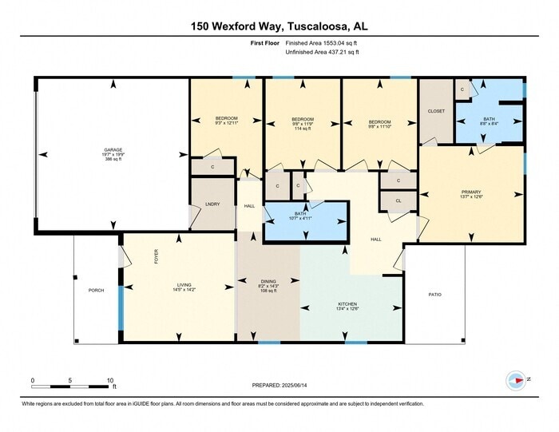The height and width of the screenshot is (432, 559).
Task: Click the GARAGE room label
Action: [113, 149]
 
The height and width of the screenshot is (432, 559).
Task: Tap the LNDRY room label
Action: [212, 204]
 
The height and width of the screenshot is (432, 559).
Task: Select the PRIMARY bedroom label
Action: [471, 192]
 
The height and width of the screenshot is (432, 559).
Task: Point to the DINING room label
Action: [268, 280]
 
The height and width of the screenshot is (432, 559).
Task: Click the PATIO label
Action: [434, 295]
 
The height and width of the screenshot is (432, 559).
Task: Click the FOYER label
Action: [157, 256]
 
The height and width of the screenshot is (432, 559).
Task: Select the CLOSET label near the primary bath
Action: [436, 111]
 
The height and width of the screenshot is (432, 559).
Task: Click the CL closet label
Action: [398, 200]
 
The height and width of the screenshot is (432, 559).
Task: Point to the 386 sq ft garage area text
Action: [113, 161]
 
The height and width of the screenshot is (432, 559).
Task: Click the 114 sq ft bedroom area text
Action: [303, 129]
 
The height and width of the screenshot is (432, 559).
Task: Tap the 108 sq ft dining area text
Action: [268, 291]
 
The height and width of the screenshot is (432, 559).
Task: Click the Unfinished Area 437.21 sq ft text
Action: [323, 53]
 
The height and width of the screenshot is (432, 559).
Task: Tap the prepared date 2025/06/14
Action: [279, 386]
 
